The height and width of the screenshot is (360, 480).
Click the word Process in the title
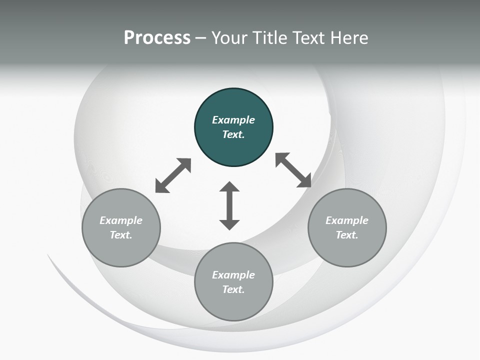157,38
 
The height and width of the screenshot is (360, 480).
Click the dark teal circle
233,127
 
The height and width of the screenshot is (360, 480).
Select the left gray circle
121,228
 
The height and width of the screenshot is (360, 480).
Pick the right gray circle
347,228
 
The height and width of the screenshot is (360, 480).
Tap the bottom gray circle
233,281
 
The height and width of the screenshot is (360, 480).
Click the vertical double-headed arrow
229,205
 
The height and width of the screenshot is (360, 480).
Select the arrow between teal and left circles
173,175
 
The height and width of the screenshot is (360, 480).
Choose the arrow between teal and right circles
293,170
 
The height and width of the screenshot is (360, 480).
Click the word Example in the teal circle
233,120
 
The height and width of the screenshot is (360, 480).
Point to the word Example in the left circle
121,220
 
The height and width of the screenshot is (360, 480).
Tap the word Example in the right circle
347,220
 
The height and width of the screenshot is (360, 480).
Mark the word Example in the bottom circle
233,275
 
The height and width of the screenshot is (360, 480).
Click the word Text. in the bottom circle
233,289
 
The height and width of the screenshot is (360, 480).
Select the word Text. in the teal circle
233,134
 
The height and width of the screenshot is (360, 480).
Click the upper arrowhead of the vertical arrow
229,186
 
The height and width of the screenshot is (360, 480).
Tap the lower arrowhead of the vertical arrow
229,225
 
